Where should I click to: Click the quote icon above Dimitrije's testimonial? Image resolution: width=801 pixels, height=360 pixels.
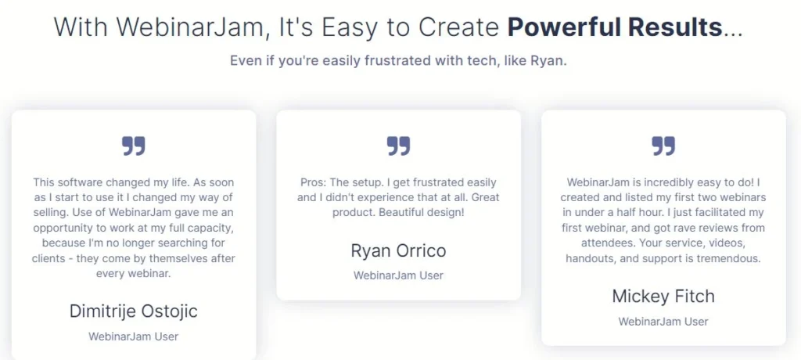pos(133,146)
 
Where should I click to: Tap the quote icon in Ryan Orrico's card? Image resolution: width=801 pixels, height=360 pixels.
pos(398,146)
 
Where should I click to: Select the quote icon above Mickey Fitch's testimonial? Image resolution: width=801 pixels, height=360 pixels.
pos(663,146)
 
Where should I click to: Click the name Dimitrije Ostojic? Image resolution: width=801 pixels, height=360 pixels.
pos(133,311)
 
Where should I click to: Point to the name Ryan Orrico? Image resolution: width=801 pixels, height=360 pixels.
pos(398,250)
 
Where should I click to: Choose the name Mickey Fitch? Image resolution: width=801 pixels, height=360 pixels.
pos(663,296)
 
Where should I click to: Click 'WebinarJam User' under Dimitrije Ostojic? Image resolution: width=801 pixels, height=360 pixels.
pos(133,337)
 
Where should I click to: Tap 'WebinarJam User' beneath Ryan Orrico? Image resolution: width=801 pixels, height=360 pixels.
pos(398,275)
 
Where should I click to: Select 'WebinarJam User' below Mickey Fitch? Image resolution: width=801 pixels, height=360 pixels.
pos(663,322)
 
